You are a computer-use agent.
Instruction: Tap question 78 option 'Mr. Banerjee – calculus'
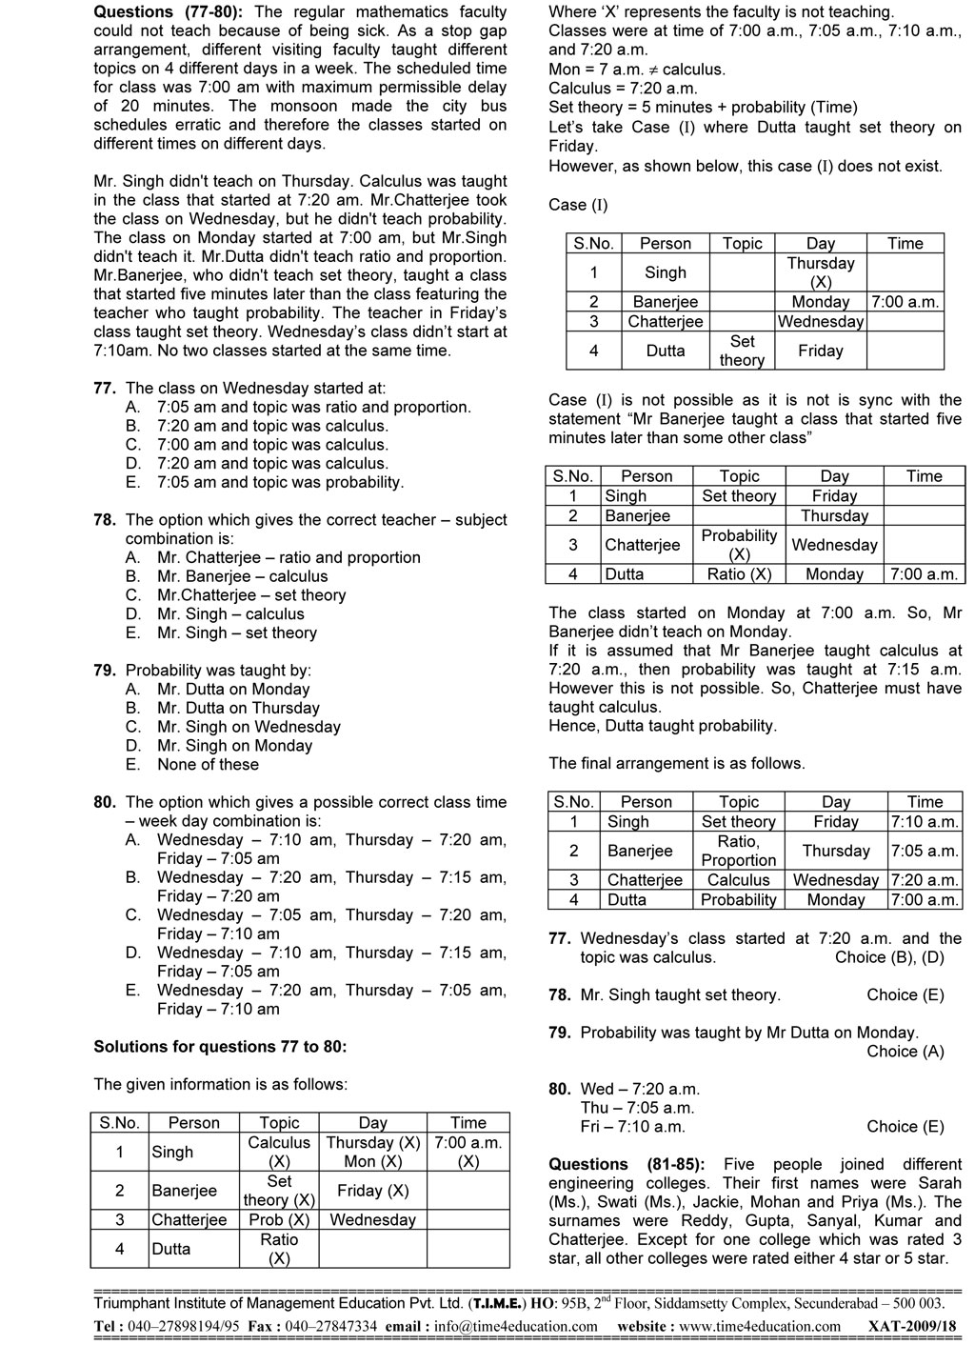click(242, 576)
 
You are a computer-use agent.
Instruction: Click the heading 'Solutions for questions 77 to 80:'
click(220, 1047)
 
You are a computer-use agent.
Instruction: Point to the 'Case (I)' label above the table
click(578, 205)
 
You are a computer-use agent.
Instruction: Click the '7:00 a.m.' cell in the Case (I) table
click(905, 302)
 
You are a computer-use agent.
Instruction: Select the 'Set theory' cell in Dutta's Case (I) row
click(742, 351)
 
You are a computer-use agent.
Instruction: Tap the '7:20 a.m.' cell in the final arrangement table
click(924, 880)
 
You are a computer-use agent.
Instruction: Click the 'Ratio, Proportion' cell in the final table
click(739, 851)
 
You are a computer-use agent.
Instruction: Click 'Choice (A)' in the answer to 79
click(905, 1052)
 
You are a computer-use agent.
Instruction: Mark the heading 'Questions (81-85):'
click(627, 1165)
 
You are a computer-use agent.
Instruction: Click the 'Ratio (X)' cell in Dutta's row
click(739, 574)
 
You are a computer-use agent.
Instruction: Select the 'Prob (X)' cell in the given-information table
click(278, 1220)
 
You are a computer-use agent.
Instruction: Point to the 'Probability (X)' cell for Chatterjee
click(739, 545)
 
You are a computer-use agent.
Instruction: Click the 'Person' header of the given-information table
click(193, 1123)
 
